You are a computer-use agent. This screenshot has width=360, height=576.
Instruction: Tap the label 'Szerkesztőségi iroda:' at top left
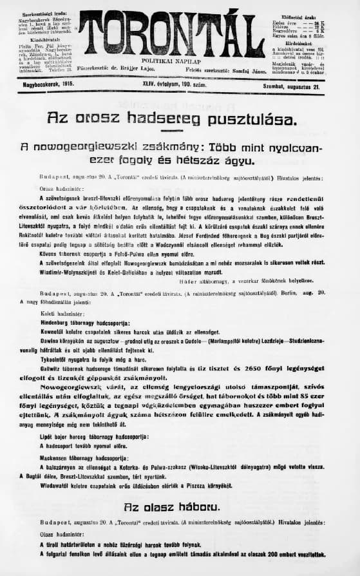tap(41, 12)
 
